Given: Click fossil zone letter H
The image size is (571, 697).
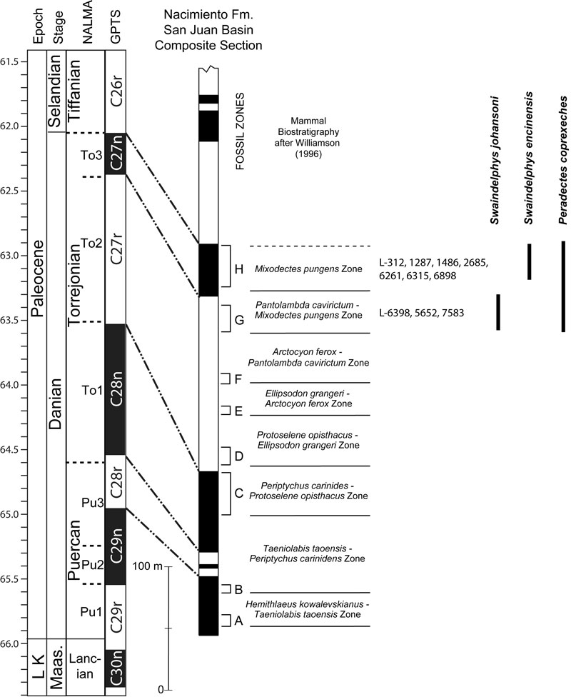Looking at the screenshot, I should click(x=238, y=269).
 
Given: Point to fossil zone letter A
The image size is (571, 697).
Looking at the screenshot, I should click(x=238, y=621).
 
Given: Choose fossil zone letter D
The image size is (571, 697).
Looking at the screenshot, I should click(x=238, y=456).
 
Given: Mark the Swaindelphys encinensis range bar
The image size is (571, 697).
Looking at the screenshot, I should click(x=529, y=261).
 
